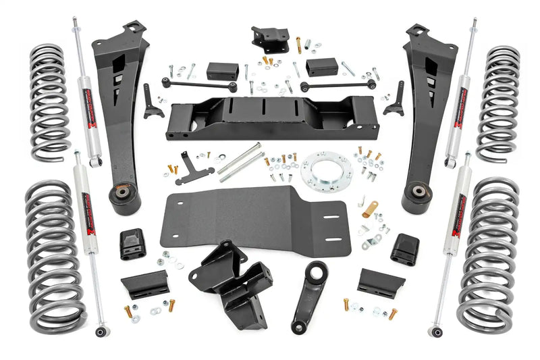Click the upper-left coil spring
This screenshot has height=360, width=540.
(48, 102)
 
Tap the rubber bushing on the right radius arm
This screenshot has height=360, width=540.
(414, 196)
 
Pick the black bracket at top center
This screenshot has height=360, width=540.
(269, 41)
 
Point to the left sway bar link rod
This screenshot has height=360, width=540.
(198, 85)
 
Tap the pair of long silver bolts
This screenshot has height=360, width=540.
(239, 163)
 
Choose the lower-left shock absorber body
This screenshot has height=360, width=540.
(86, 203)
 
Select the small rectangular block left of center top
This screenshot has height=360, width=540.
(222, 70)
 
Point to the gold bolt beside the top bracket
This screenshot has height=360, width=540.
(298, 45)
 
